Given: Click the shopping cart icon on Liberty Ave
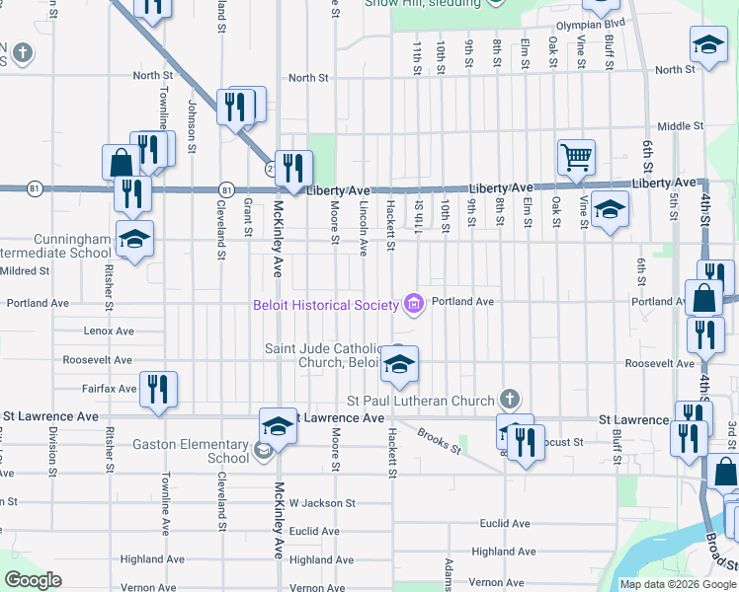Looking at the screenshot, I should point(576,156).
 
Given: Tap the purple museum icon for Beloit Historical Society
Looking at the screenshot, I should point(414,305).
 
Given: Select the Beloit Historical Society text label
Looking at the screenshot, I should point(324,305).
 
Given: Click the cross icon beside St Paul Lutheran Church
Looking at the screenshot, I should point(509,401).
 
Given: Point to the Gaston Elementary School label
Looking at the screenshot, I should point(197,451).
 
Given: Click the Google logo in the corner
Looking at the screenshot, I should point(34,580).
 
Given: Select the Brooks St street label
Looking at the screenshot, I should point(439,440).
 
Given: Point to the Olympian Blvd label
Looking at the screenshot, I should point(591,23).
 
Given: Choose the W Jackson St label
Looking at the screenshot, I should point(321,503).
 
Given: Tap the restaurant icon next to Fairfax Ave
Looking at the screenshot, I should point(158,389).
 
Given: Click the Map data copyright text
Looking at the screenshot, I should point(677,584).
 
